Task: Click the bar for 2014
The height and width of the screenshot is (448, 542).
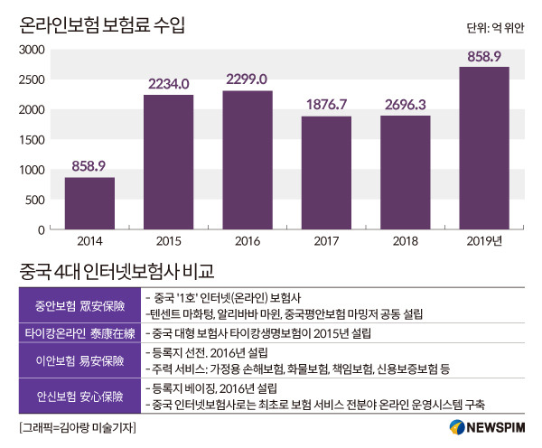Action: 89,203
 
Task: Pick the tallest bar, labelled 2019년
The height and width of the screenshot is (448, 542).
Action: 483,148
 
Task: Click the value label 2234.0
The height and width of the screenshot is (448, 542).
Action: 168,83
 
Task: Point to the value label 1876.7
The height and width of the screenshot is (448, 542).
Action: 326,105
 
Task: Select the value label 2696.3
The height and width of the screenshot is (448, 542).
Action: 405,105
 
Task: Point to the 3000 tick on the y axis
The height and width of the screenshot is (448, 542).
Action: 31,50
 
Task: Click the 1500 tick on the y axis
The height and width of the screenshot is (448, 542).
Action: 31,140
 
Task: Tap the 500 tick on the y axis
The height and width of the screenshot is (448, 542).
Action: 34,200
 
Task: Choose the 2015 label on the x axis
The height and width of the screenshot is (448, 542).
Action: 168,241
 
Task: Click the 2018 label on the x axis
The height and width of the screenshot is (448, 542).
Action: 405,241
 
